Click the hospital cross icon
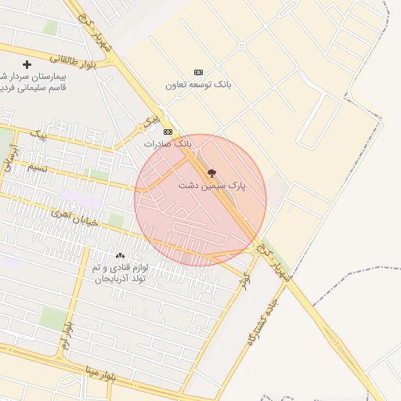pyautogui.click(x=27, y=64)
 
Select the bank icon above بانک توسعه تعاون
pyautogui.click(x=197, y=71)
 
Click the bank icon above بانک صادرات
pyautogui.click(x=167, y=132)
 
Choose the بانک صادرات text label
pyautogui.click(x=167, y=144)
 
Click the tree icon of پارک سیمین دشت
pyautogui.click(x=211, y=173)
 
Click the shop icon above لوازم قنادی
pyautogui.click(x=120, y=256)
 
